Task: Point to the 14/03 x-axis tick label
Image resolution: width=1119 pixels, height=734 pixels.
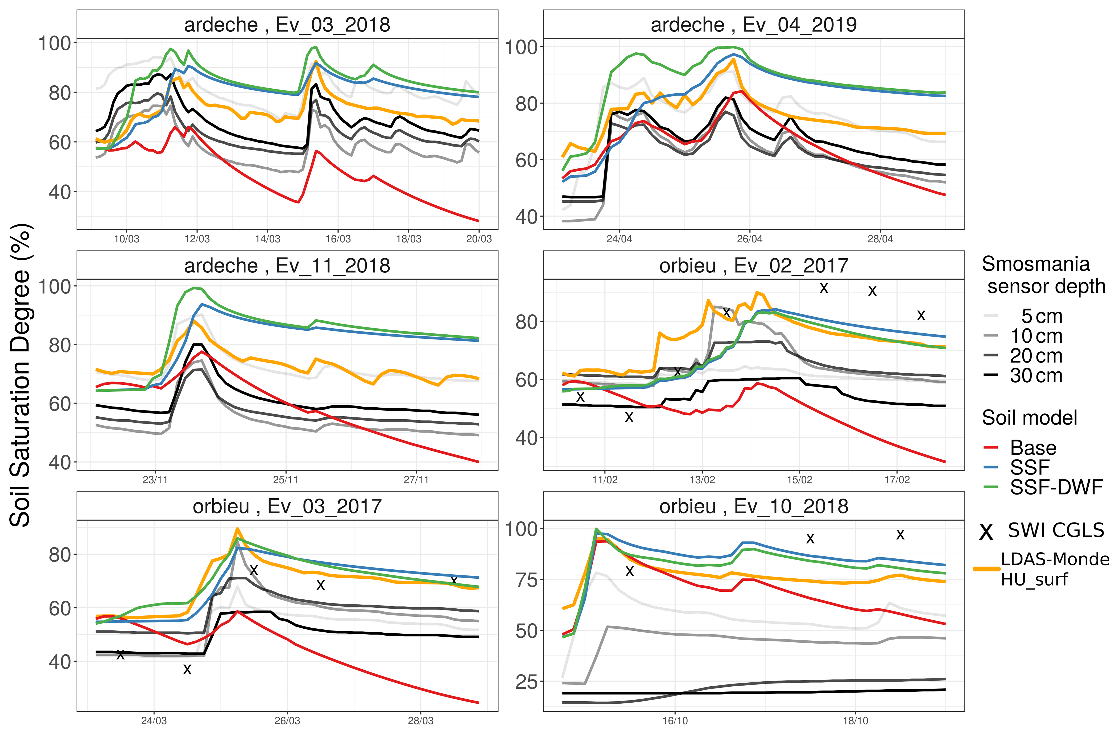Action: (x=267, y=239)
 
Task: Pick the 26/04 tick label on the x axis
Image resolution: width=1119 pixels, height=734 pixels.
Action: (x=749, y=239)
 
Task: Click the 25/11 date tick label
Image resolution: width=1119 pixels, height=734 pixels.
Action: (x=285, y=480)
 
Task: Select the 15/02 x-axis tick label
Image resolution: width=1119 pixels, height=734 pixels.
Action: (x=799, y=480)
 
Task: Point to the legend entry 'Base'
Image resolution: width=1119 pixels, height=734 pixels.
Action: (x=1033, y=448)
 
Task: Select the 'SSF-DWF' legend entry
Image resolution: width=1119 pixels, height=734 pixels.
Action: (x=1056, y=487)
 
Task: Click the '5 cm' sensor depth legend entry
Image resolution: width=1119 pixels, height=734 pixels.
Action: (x=1041, y=316)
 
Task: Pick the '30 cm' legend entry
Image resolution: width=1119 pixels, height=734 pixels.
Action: (x=1036, y=375)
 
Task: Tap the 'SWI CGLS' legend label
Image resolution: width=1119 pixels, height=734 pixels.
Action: (x=1055, y=530)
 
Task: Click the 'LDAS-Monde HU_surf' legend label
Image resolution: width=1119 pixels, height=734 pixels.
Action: (x=1055, y=569)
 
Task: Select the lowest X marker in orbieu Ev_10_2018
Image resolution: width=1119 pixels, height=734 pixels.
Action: (x=630, y=571)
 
